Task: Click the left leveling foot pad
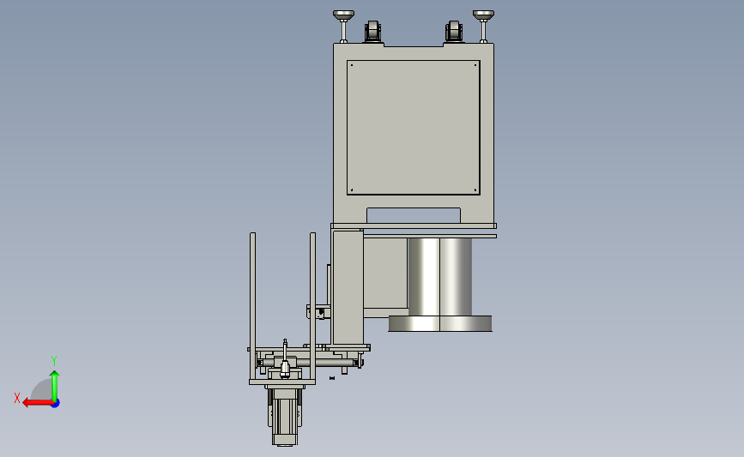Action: [343, 15]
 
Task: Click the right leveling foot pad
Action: [483, 15]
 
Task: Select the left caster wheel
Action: [373, 32]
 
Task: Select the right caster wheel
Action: [454, 32]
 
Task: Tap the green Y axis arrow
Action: [55, 386]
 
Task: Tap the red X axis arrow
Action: [38, 403]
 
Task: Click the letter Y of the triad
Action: [53, 361]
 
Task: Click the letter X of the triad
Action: [17, 398]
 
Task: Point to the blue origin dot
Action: [56, 404]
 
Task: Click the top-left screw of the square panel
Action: [352, 65]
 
